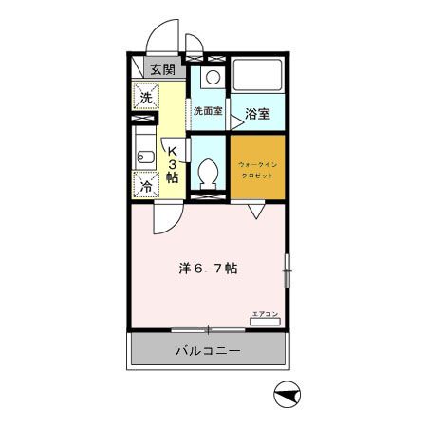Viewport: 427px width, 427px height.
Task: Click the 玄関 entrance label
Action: [162, 69]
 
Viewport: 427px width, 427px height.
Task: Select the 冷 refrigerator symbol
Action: [147, 186]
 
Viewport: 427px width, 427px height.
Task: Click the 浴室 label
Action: [258, 115]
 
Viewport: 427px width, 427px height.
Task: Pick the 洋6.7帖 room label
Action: [208, 268]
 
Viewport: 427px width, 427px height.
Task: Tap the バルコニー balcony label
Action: [207, 352]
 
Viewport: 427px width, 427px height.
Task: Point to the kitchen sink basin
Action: [143, 156]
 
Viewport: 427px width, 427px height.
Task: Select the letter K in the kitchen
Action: [173, 149]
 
